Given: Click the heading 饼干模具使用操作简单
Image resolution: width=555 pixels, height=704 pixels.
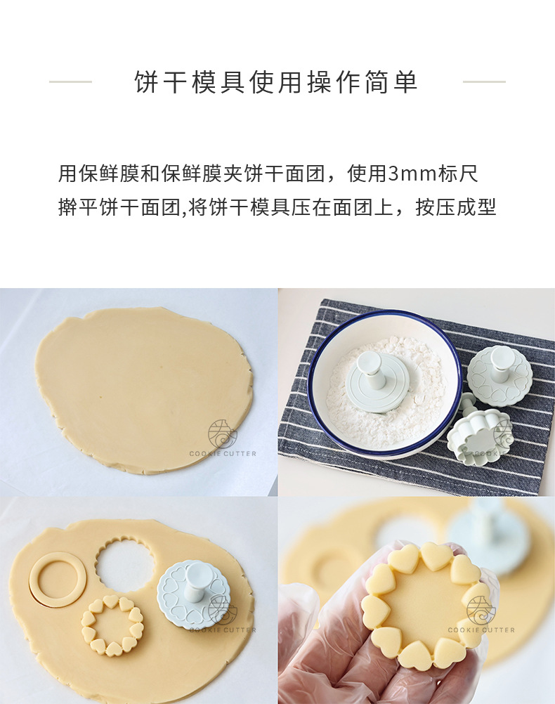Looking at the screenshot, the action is (x=276, y=82).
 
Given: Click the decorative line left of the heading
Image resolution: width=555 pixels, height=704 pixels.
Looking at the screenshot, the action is (x=70, y=82).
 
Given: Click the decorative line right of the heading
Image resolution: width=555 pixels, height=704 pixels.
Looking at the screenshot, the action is (x=484, y=82).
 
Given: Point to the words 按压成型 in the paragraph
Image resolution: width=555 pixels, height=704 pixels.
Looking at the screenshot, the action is (x=456, y=207).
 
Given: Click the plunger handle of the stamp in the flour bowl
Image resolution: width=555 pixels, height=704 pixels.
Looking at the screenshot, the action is (x=369, y=368).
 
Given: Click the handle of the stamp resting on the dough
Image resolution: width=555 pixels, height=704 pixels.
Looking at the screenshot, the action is (x=195, y=578).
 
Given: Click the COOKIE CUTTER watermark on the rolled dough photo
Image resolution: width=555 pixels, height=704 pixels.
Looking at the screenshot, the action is (x=223, y=453).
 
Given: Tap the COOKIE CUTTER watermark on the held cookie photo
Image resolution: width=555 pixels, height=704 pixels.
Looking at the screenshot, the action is (x=481, y=630).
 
